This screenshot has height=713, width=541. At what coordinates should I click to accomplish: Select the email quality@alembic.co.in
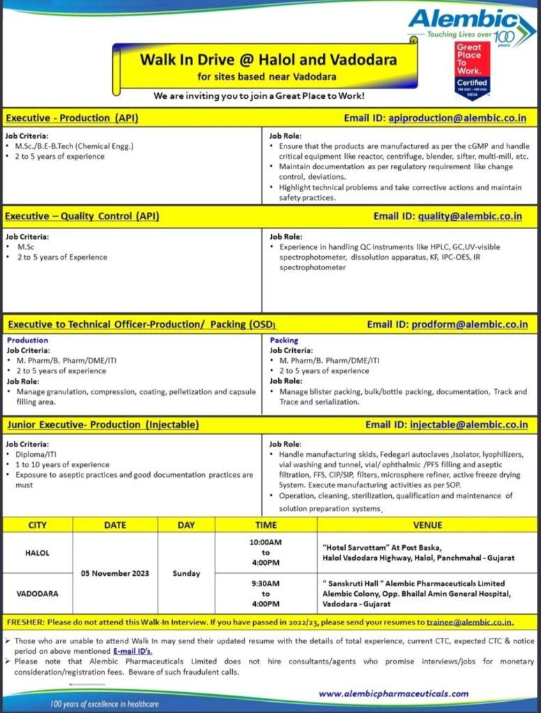(x=470, y=216)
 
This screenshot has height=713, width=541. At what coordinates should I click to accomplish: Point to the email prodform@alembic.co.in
(x=469, y=324)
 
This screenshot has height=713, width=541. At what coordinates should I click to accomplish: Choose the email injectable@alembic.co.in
(x=468, y=424)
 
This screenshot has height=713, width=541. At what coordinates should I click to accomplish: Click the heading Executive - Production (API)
(x=71, y=118)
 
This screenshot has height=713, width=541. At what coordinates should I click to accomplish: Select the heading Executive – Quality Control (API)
(x=82, y=216)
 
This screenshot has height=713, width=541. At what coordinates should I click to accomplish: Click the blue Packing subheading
(x=284, y=340)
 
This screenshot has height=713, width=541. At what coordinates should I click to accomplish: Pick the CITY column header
(x=38, y=525)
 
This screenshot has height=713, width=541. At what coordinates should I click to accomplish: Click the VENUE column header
(x=427, y=525)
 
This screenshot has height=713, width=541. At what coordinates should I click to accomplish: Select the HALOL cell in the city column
(x=38, y=553)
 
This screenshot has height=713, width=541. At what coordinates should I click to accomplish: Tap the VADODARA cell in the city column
(x=38, y=594)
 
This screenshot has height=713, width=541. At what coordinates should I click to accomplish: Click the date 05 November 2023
(x=114, y=573)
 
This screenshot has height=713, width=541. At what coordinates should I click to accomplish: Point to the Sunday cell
(x=186, y=573)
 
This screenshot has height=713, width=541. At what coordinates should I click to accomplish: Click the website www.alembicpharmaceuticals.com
(x=393, y=693)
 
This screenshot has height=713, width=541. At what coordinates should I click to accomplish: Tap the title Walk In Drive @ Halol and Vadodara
(x=266, y=59)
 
